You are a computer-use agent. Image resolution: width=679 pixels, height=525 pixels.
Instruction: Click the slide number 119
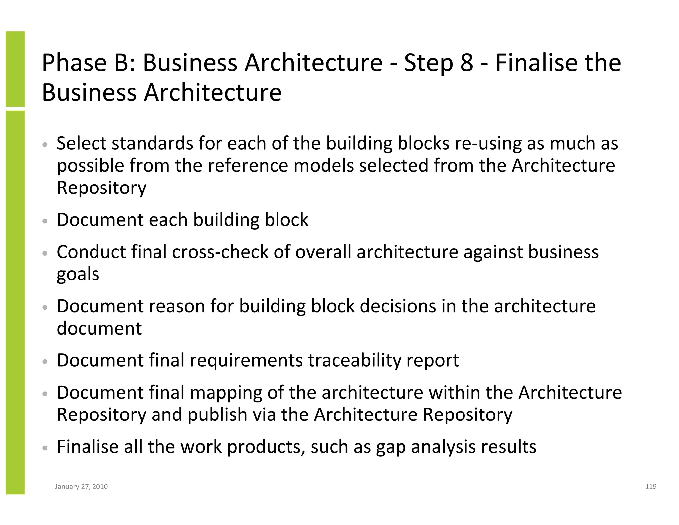tap(651, 487)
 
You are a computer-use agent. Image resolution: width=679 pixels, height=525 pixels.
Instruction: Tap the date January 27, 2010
tap(81, 487)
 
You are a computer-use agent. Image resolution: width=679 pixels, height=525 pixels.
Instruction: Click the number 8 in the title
tap(466, 63)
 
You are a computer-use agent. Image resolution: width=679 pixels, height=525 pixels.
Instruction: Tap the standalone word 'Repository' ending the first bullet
tap(101, 188)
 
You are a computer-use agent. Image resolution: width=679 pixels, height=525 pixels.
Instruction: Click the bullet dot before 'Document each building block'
tap(45, 221)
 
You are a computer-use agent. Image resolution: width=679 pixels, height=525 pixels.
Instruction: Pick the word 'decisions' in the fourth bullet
tap(398, 306)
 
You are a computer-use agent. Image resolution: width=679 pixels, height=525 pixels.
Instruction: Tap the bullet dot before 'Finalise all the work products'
tap(45, 448)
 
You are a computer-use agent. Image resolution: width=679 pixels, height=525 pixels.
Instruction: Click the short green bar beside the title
tap(15, 69)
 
